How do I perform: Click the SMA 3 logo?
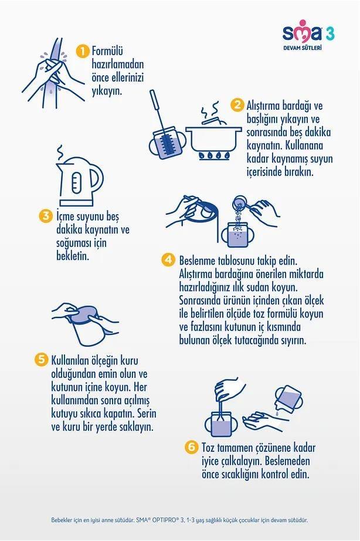click(x=308, y=35)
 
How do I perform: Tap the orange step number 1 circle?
click(x=83, y=52)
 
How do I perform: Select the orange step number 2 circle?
click(x=237, y=105)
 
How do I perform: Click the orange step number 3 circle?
click(x=46, y=216)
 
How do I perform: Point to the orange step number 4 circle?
click(x=168, y=260)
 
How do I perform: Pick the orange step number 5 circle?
click(x=41, y=360)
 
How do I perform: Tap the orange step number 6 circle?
click(x=191, y=447)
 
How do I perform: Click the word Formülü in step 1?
click(x=107, y=51)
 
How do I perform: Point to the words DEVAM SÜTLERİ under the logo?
click(x=303, y=48)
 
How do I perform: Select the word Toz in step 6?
click(x=208, y=448)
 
